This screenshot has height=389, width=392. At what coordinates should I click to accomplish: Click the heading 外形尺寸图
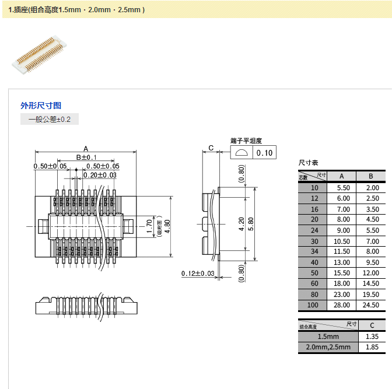tap(41, 106)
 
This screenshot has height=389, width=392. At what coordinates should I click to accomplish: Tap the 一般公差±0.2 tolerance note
tap(50, 120)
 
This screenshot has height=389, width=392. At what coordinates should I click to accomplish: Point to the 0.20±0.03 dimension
tap(100, 175)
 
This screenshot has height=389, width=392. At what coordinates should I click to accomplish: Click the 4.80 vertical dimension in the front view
tap(167, 223)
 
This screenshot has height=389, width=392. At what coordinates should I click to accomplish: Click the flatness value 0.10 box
tap(264, 153)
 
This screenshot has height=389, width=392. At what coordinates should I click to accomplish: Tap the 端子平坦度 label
tap(246, 141)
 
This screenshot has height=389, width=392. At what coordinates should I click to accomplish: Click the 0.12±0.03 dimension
tap(198, 274)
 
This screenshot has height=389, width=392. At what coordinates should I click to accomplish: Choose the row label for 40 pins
tap(315, 262)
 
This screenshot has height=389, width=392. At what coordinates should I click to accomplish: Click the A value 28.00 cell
tap(342, 305)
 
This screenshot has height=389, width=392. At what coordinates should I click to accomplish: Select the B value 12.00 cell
tap(371, 273)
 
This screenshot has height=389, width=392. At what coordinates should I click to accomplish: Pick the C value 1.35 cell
tap(372, 337)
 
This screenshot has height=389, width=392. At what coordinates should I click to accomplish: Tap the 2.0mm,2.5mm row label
tap(327, 347)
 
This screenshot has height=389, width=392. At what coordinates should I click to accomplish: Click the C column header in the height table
tap(372, 325)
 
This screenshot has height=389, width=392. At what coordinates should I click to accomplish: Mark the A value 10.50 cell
tap(342, 241)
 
